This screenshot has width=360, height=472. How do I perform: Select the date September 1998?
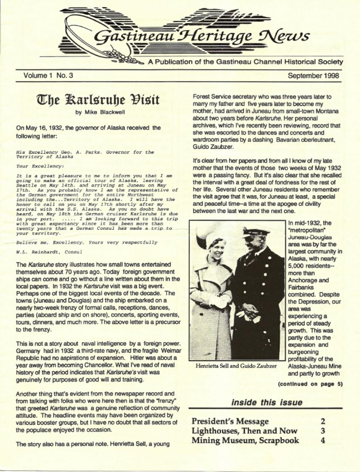(x=313, y=76)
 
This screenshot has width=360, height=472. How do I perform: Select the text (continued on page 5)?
(x=310, y=384)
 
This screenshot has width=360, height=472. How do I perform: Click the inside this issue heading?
(x=266, y=402)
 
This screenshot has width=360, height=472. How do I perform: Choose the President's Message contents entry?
(x=230, y=422)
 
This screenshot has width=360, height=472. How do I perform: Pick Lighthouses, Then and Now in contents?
(x=244, y=431)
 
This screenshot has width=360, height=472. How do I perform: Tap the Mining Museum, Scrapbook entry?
(x=245, y=441)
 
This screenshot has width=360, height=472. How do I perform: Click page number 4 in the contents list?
(x=323, y=441)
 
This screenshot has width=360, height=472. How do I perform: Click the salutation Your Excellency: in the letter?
(x=40, y=166)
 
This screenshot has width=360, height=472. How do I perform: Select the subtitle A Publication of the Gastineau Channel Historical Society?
(x=245, y=62)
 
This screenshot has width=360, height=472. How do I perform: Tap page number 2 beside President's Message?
(x=323, y=422)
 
